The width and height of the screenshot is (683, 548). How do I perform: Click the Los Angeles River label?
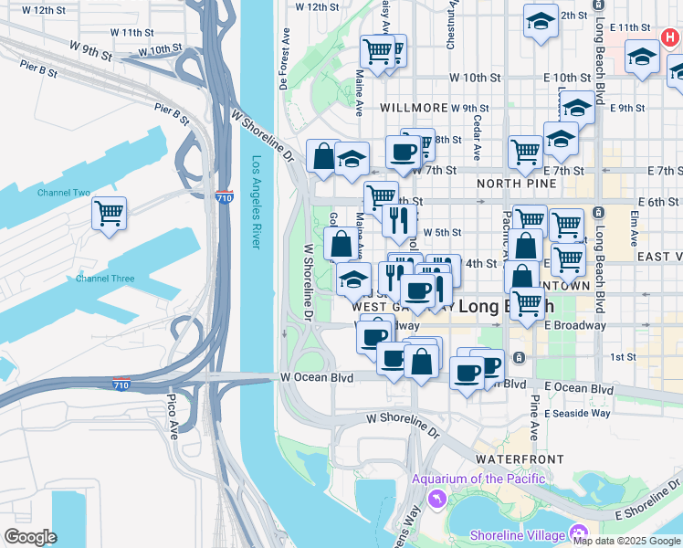[257, 203]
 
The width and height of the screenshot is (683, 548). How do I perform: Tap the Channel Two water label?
[63, 194]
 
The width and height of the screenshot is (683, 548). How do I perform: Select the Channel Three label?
[105, 279]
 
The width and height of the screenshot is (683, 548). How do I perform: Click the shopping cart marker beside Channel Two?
[109, 214]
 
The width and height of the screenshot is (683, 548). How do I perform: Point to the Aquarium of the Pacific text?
[478, 479]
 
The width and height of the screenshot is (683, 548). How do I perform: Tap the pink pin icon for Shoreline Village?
[577, 533]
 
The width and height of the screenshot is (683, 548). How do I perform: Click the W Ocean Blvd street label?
[316, 376]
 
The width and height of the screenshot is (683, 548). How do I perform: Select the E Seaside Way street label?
[577, 413]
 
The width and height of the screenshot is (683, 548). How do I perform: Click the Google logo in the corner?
[31, 537]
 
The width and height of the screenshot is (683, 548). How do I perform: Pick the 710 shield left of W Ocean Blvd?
[121, 384]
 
